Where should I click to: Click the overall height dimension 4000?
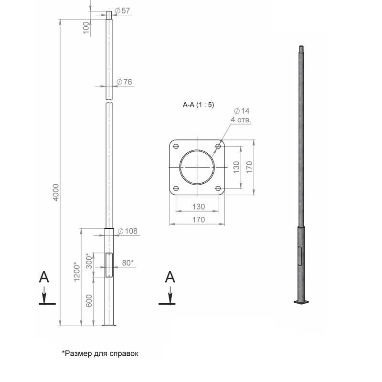[56, 192]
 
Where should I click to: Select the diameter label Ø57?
[122, 11]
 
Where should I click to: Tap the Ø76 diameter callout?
[124, 82]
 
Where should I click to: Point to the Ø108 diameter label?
[127, 231]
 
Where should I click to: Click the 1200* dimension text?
[77, 272]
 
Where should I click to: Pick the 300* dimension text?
[89, 261]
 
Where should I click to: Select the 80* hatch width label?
[128, 263]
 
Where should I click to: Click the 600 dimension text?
[89, 301]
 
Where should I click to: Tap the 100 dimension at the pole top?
[86, 28]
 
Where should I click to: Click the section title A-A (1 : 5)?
[198, 105]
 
